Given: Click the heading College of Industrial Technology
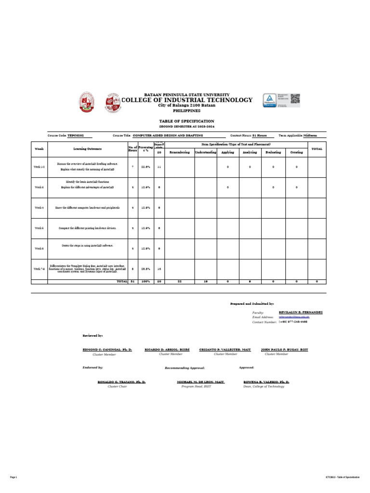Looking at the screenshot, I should click(x=186, y=100).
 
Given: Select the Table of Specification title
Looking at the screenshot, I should click(x=186, y=121).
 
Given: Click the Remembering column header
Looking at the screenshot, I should click(x=180, y=152).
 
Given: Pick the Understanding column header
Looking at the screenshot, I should click(x=206, y=152).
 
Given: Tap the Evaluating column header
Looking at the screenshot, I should click(x=273, y=152).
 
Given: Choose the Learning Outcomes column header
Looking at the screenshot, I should click(x=87, y=149).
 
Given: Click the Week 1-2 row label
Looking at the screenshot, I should click(x=39, y=166).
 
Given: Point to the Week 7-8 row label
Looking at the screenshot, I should click(x=39, y=269).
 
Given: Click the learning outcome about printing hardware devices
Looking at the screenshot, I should click(x=87, y=228).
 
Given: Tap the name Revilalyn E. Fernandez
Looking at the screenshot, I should click(x=301, y=312).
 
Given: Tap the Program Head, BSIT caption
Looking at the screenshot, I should click(x=193, y=386).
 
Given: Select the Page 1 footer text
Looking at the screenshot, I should click(x=13, y=477).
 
